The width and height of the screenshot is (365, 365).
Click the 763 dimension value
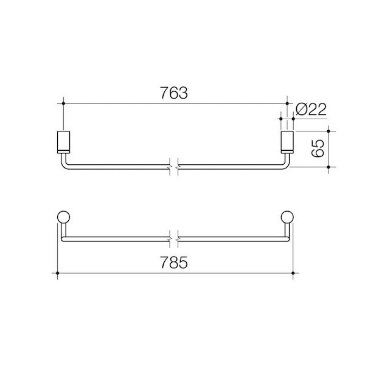point(174,93)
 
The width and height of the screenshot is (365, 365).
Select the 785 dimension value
point(174,262)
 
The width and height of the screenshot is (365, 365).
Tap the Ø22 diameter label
point(311,109)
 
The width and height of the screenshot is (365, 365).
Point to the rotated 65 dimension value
point(318,148)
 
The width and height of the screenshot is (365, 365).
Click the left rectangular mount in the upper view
point(63,142)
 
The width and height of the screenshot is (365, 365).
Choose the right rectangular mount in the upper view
point(287,142)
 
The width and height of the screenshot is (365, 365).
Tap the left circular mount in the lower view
point(63,217)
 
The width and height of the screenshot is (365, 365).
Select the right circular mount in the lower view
point(287,217)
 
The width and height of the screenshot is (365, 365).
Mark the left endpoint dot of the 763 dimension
point(63,103)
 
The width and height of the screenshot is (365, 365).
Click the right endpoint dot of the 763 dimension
point(287,103)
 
